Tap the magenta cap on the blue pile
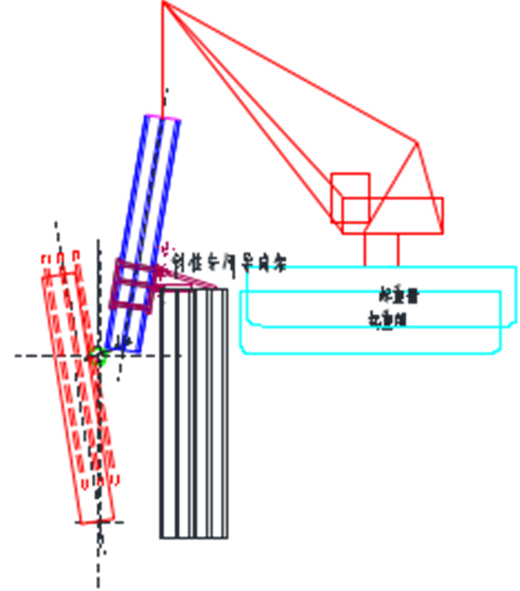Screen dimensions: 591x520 pos(164,117)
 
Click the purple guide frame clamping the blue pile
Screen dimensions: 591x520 pos(133,286)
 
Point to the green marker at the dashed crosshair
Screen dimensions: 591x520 pos(97,354)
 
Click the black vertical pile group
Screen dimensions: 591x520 pos(193,416)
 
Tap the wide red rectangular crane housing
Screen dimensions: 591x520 pos(399,216)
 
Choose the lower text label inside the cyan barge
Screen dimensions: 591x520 pos(387,319)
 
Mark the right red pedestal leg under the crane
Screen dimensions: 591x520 pos(398,250)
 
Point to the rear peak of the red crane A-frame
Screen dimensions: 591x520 pos(418,143)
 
